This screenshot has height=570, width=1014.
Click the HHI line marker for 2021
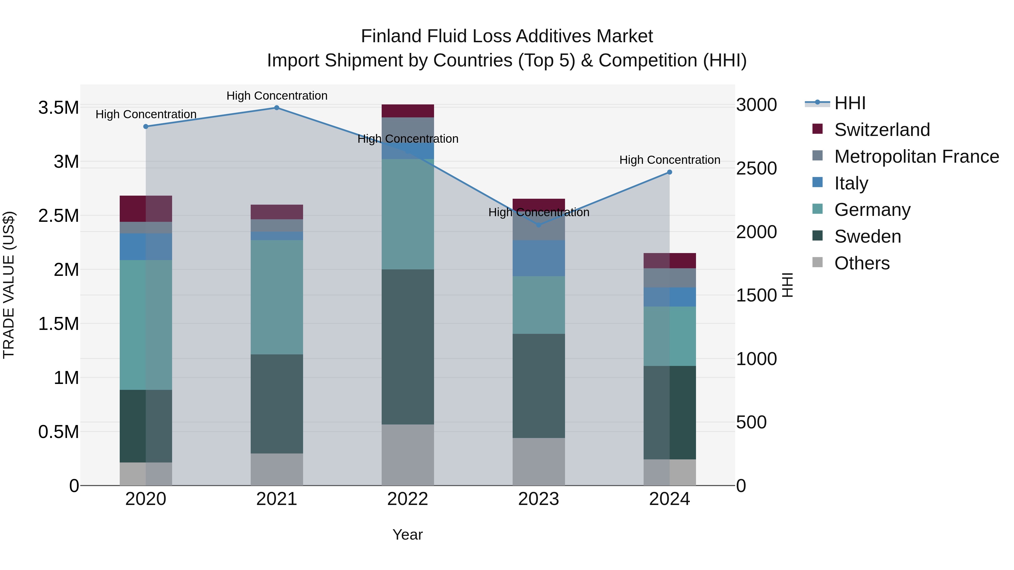[276, 108]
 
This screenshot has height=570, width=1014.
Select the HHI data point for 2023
[539, 225]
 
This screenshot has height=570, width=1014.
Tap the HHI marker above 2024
[669, 172]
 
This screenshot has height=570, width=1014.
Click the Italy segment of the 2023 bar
[539, 258]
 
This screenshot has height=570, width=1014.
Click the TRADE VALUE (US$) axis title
[9, 285]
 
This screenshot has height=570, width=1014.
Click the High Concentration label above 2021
[277, 96]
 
